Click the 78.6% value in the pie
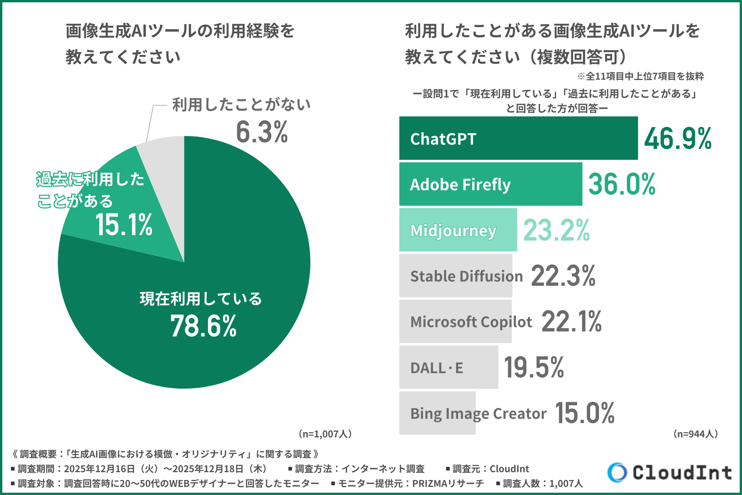tap(203, 326)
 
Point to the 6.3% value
tap(262, 132)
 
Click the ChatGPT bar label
tap(443, 139)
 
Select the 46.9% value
tap(677, 138)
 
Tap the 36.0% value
tap(621, 184)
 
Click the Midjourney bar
tap(458, 230)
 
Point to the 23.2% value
tap(556, 230)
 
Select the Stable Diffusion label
tap(466, 276)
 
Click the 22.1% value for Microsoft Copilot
tap(571, 321)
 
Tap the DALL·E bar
tap(448, 367)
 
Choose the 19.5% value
tap(534, 367)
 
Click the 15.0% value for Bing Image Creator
tap(584, 413)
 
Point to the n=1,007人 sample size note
tap(325, 434)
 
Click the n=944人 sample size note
tap(695, 434)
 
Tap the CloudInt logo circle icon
tap(617, 472)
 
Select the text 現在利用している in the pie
tap(201, 299)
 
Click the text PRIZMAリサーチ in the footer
tap(448, 483)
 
